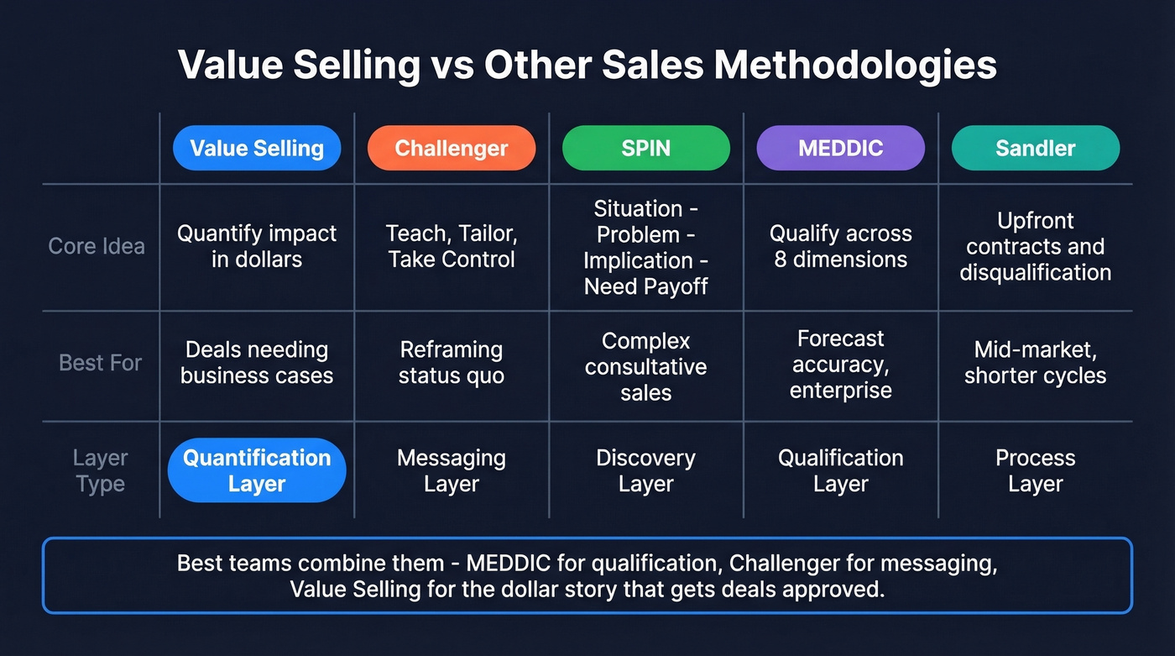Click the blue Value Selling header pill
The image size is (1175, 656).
tap(257, 149)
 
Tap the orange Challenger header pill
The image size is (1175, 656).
tap(452, 149)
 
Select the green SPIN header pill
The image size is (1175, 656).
tap(646, 149)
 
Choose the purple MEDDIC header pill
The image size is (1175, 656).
tap(841, 149)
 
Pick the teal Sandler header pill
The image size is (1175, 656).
tap(1036, 149)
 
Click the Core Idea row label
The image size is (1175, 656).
tap(97, 246)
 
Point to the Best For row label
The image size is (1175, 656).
tap(101, 363)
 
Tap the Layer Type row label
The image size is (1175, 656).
tap(100, 470)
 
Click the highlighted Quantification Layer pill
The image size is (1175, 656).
tap(257, 470)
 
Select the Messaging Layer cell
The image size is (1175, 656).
tap(452, 470)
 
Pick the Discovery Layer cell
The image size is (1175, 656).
tap(646, 470)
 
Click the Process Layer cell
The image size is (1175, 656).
tap(1036, 470)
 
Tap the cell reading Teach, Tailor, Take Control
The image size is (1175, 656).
tap(452, 245)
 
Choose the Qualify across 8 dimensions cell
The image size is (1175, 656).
tap(841, 246)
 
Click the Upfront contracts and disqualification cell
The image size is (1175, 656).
tap(1036, 246)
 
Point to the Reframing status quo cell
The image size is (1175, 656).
tap(452, 362)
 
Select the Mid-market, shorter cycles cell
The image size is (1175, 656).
tap(1036, 362)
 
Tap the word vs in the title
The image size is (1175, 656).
tap(451, 66)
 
